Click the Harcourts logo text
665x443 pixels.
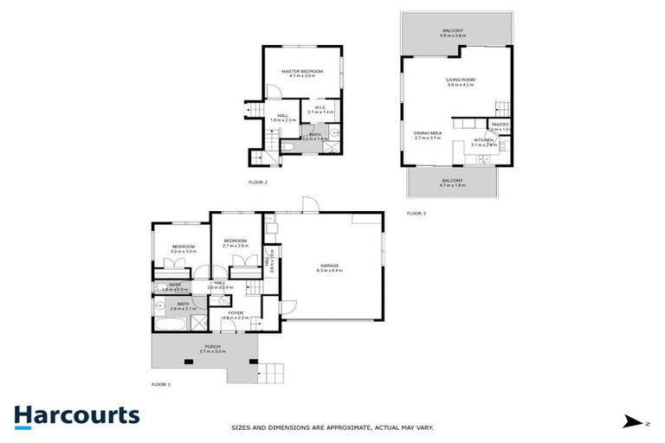pyautogui.click(x=76, y=415)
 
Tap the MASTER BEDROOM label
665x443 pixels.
pyautogui.click(x=302, y=70)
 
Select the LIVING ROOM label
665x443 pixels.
pyautogui.click(x=462, y=80)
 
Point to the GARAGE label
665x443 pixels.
pyautogui.click(x=329, y=265)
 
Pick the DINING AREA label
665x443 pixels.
pyautogui.click(x=428, y=132)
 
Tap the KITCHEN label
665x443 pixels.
pyautogui.click(x=483, y=139)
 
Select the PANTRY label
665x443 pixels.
pyautogui.click(x=500, y=125)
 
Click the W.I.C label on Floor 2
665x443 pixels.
pyautogui.click(x=320, y=107)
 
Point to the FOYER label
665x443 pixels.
pyautogui.click(x=236, y=312)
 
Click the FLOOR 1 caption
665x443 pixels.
pyautogui.click(x=161, y=383)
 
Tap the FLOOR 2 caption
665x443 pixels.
pyautogui.click(x=258, y=182)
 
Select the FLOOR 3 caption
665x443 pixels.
pyautogui.click(x=416, y=212)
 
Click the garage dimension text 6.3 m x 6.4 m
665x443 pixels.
pyautogui.click(x=329, y=271)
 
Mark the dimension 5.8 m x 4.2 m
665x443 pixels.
pyautogui.click(x=462, y=86)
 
